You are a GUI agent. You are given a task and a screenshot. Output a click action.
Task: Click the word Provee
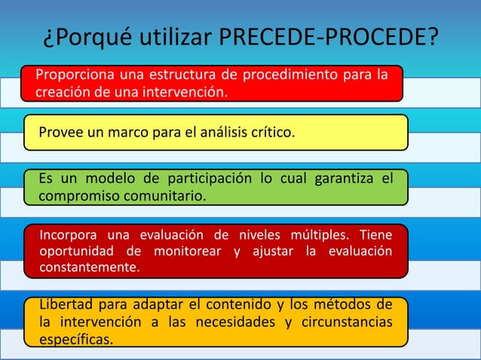pos(61,133)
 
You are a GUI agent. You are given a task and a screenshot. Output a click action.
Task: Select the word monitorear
pos(189,251)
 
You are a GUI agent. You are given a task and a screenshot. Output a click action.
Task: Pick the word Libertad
pos(65,305)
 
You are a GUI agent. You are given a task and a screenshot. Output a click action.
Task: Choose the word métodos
pos(335,305)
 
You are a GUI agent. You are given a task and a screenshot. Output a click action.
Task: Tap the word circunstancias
pos(344,322)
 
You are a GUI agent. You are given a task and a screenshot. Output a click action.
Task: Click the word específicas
pos(76,340)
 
